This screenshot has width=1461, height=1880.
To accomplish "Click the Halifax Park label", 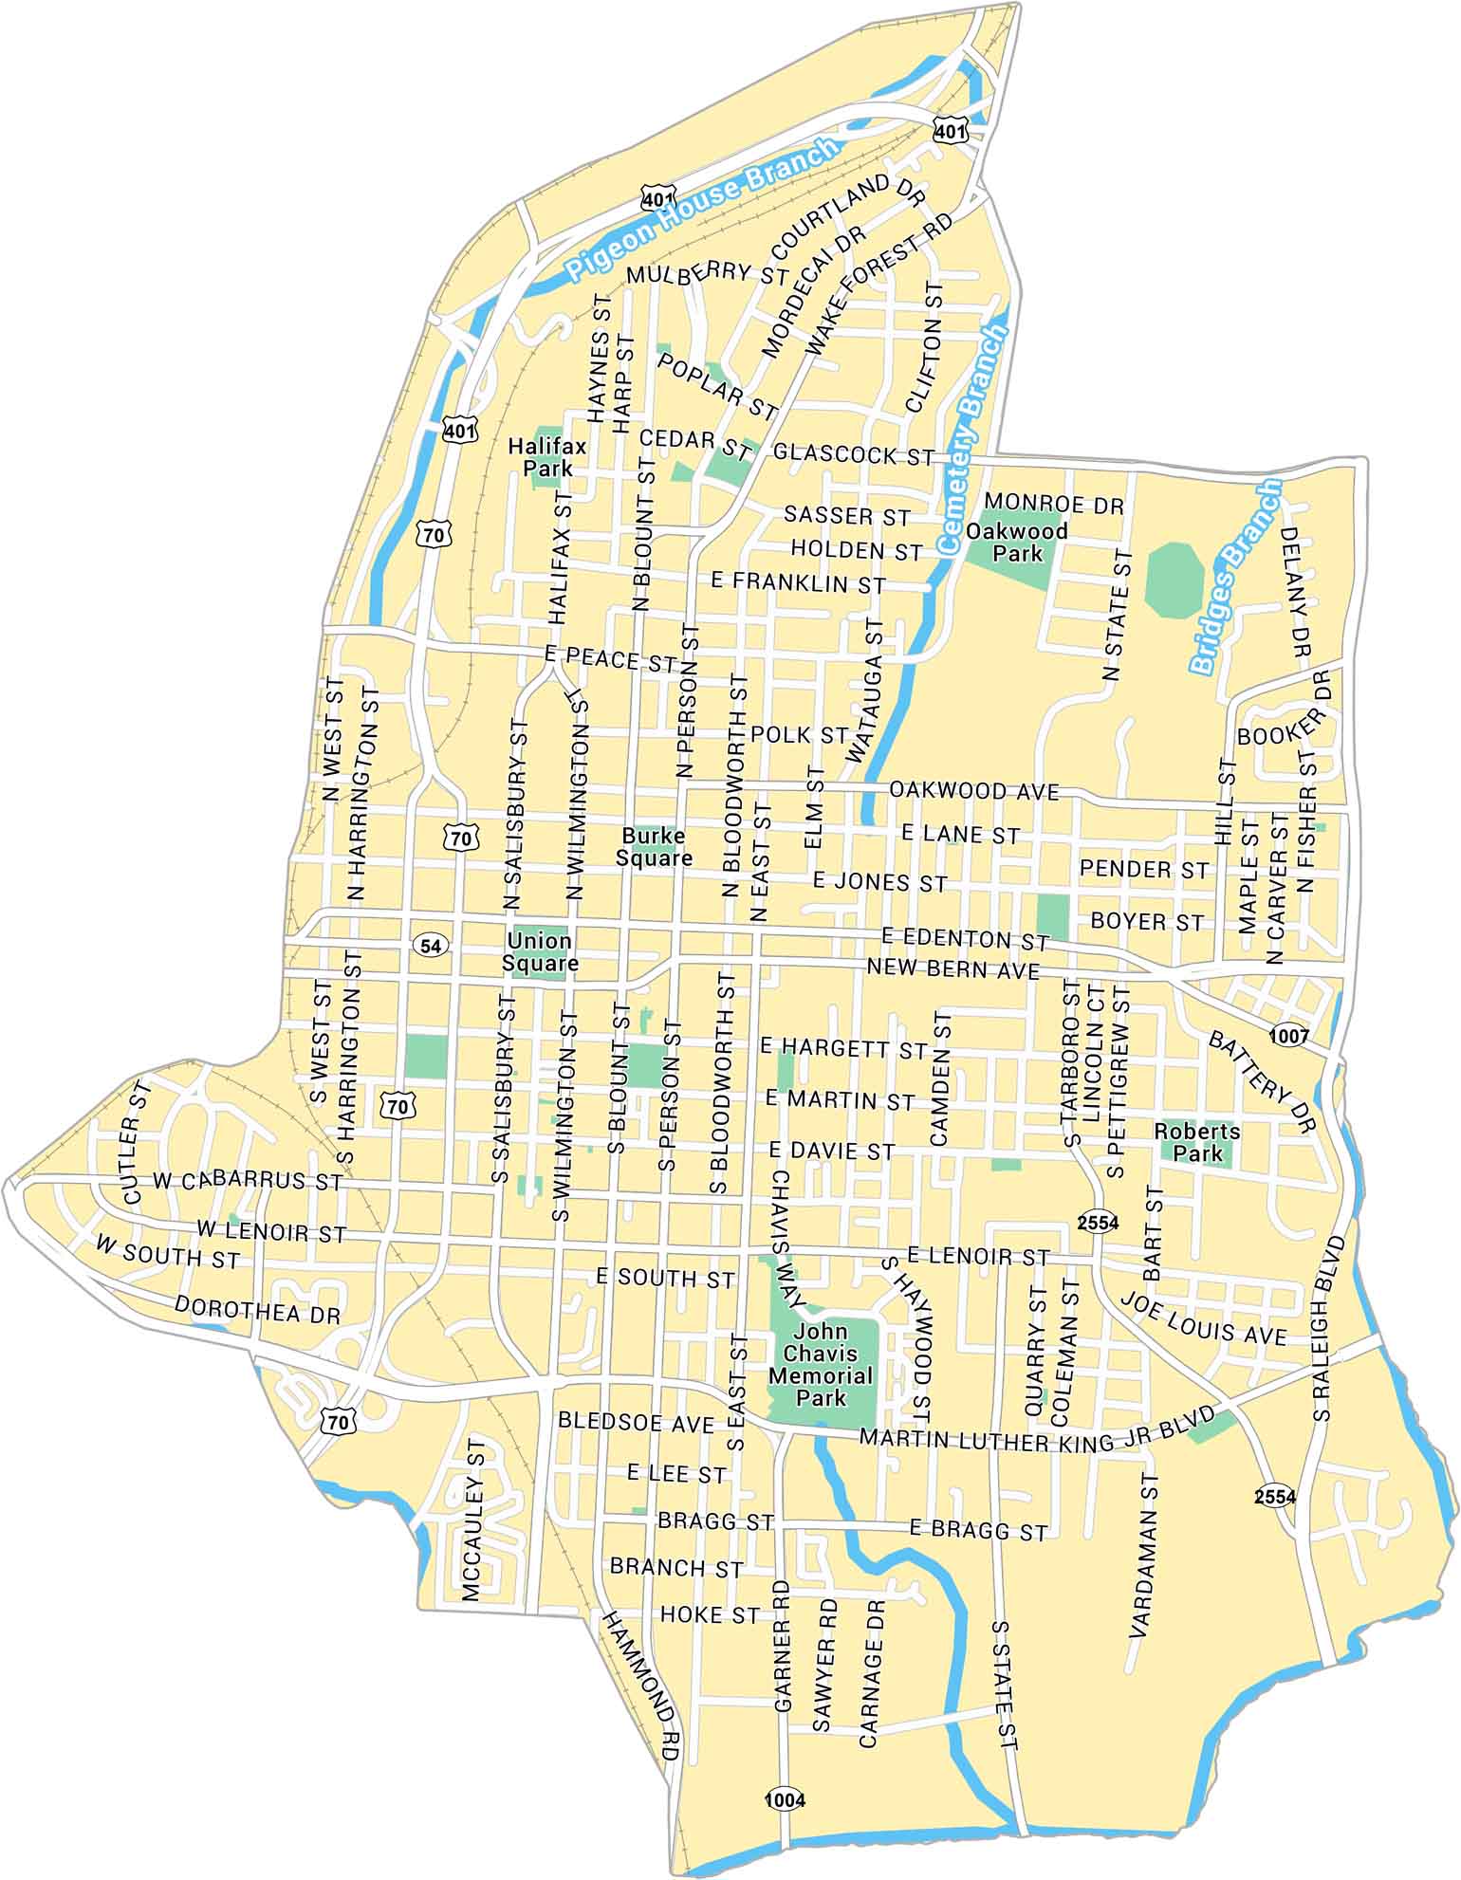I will coord(547,456).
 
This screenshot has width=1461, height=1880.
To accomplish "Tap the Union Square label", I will coord(539,952).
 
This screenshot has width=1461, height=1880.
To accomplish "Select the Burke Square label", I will coord(654,847).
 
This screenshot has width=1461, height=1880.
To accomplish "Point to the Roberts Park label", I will coord(1197,1142).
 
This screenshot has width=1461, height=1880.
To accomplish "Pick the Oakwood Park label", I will coord(1017,542).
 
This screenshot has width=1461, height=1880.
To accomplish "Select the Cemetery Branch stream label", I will coord(971,438).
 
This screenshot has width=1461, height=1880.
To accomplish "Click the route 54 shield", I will coord(431,945).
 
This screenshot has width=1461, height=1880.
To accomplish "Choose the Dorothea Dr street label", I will coord(257,1310).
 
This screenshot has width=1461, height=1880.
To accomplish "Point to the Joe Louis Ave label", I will coord(1203,1318).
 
